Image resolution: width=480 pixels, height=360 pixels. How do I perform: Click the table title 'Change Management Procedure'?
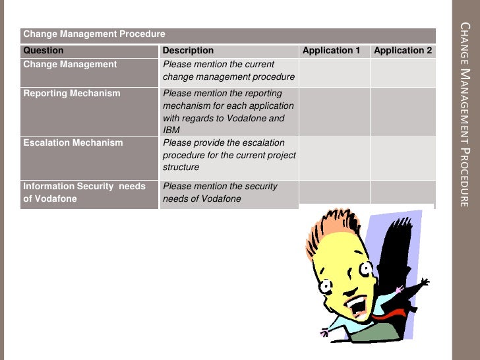94,34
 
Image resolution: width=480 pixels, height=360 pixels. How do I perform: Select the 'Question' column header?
44,50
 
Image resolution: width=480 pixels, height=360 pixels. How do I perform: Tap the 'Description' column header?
188,50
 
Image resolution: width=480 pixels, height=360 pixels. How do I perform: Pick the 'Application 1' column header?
331,50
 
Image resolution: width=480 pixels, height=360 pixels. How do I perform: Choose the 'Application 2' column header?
403,50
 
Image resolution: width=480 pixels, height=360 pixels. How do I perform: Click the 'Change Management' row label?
70,65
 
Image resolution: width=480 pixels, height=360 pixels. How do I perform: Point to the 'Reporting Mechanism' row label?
72,94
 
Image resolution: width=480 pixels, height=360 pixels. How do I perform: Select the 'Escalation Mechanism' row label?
73,142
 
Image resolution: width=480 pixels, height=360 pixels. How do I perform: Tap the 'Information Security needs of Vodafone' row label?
84,193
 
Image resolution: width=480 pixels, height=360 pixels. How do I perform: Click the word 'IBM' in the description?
171,131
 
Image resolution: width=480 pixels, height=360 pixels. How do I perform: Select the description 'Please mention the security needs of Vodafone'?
220,193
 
